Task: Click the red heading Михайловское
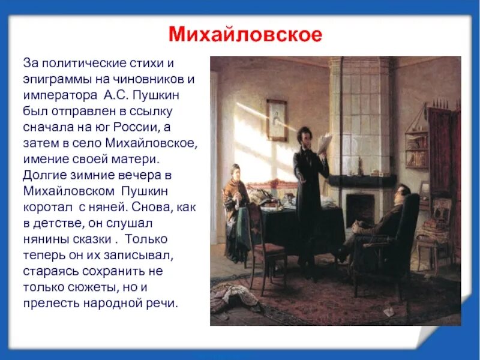click(x=244, y=33)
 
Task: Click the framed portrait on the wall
click(x=276, y=120)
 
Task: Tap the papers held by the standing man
click(x=325, y=142)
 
